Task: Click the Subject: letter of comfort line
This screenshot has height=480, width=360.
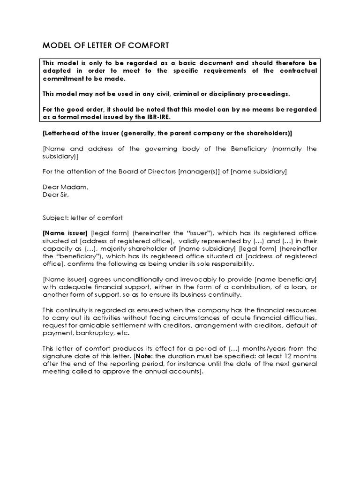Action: coord(82,217)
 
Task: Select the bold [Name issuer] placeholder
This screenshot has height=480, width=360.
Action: coord(65,233)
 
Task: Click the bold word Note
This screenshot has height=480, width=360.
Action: coord(145,356)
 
